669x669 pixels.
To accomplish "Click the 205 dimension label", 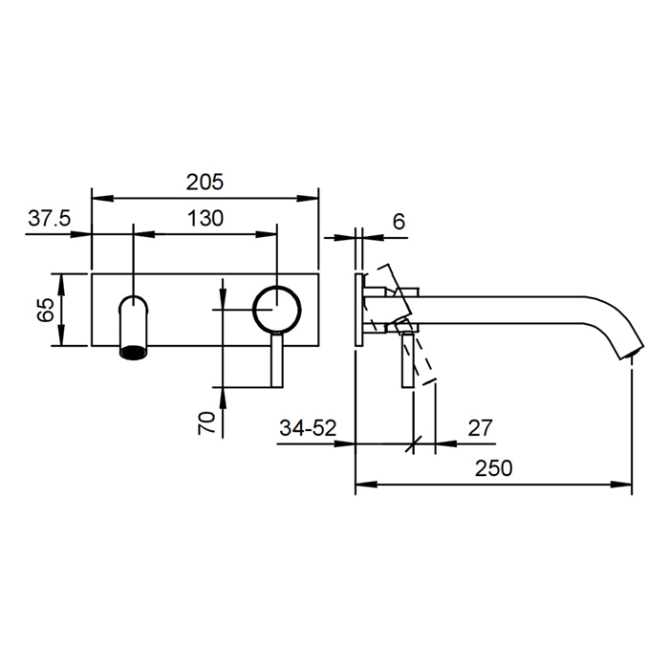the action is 205,183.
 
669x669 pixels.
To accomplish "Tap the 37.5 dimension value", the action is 49,219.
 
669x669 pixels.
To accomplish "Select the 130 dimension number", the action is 205,219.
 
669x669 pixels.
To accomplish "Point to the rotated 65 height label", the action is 45,310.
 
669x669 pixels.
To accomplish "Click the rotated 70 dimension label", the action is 206,422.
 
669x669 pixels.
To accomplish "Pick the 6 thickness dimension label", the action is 399,222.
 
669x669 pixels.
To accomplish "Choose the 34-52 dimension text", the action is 308,428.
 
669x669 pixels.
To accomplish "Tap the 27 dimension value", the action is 480,428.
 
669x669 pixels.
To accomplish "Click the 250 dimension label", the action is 494,468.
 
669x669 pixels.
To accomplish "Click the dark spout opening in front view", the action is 134,353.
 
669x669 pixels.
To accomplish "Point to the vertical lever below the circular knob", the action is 277,359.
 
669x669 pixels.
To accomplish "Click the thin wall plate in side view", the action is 359,310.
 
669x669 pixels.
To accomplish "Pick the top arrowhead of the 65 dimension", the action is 62,284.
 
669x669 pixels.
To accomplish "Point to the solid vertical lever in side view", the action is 408,359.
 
